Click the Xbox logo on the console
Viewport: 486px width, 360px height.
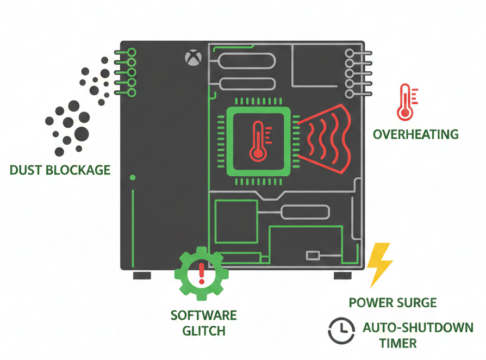(x=191, y=57)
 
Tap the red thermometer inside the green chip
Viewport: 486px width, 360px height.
(x=258, y=141)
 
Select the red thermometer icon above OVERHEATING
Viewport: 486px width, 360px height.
(x=406, y=102)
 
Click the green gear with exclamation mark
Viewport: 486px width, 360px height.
(x=202, y=274)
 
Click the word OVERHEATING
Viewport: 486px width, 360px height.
(x=416, y=134)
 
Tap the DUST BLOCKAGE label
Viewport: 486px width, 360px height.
(x=60, y=170)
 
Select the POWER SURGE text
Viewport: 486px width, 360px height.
(x=392, y=303)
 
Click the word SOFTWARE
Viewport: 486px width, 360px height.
(x=204, y=315)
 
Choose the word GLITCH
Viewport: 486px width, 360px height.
(x=204, y=331)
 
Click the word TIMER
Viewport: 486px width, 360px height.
(x=398, y=344)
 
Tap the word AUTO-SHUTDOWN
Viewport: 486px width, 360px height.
(x=418, y=328)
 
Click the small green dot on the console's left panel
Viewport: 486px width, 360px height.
(x=133, y=178)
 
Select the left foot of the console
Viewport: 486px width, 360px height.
(x=142, y=275)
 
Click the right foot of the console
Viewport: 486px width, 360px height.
(x=342, y=275)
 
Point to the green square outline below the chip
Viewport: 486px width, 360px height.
(x=236, y=221)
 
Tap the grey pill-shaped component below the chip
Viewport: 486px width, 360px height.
(x=305, y=212)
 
